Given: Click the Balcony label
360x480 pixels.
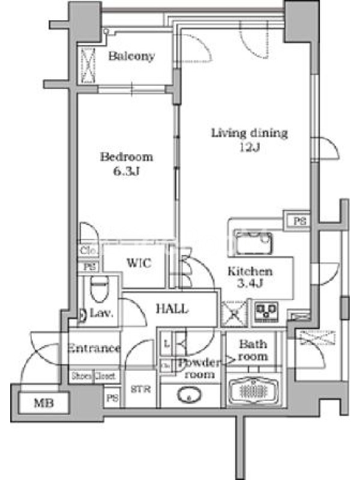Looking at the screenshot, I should pos(132,56).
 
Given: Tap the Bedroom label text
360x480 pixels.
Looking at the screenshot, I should pos(127,157).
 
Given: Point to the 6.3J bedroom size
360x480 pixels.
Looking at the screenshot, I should pos(127,172).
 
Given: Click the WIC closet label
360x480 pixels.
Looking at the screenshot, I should pos(137,263).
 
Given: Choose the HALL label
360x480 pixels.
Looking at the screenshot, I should pos(172,309).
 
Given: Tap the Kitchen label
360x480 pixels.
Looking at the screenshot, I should pos(250,271).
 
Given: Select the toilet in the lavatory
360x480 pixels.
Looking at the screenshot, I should pos(97,291).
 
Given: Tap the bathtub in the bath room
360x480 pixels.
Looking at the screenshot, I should pos(251,392).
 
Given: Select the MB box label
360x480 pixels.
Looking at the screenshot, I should pos(43,403).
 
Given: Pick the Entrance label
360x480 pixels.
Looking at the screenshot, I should pos(94,348).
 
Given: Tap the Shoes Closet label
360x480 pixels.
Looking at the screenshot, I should pos(94,376).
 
